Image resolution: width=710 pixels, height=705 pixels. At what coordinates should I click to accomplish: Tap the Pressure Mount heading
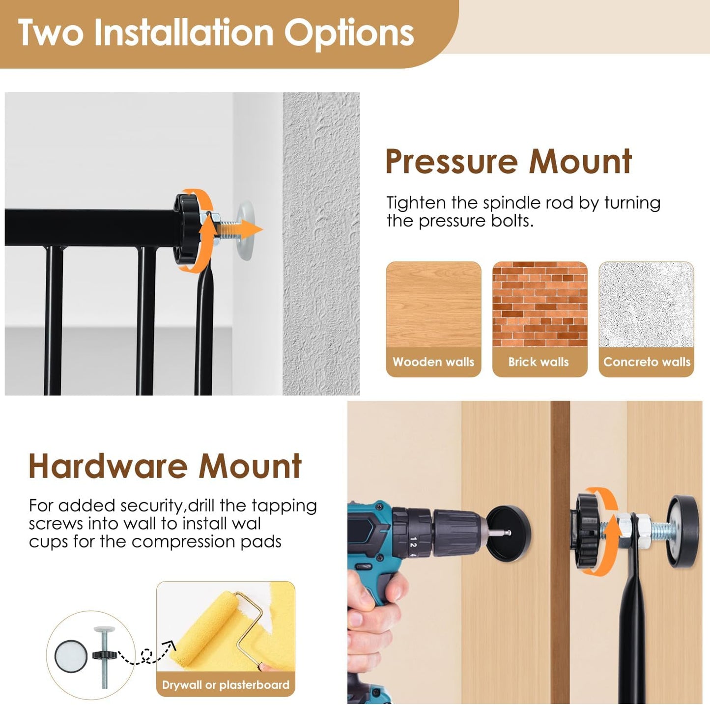point(509,162)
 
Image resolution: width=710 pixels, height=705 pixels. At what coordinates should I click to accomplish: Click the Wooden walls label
point(433,362)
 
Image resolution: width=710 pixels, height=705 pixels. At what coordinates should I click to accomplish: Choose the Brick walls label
point(539,362)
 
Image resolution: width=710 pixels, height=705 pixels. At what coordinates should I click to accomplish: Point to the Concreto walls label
point(647,362)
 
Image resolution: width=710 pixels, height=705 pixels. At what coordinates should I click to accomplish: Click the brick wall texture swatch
point(540,304)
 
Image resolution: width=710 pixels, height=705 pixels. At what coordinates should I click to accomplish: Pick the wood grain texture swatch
point(433,304)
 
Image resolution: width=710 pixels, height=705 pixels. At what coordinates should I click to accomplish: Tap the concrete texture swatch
point(646,304)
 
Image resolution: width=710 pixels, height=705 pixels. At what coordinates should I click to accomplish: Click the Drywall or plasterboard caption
point(226,685)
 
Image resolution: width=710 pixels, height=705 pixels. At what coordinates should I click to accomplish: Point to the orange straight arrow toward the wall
point(239,230)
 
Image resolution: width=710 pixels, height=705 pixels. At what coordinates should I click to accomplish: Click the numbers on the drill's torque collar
point(413,547)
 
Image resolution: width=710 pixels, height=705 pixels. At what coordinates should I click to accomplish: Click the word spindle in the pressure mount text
point(506,203)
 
